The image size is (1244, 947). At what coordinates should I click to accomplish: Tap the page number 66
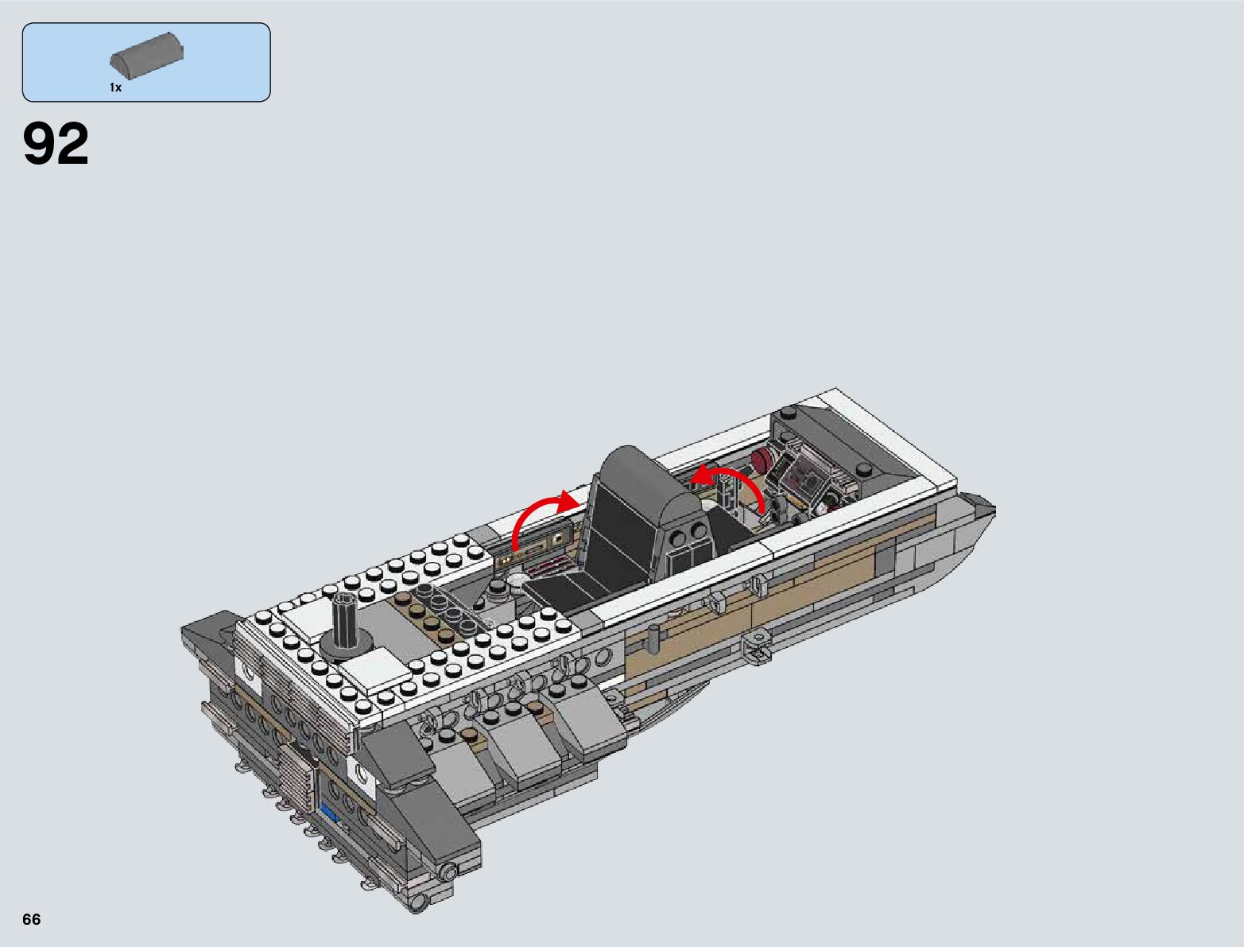point(32,919)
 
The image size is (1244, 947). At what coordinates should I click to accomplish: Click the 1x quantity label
point(115,87)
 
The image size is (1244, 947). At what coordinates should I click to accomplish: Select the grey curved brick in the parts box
point(146,56)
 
